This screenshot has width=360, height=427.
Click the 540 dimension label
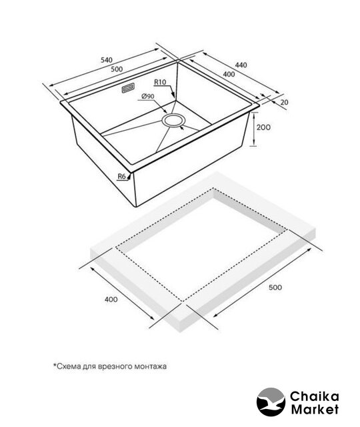pyautogui.click(x=107, y=59)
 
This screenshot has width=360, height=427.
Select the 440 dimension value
pyautogui.click(x=241, y=65)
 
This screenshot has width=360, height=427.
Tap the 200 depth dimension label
pyautogui.click(x=263, y=127)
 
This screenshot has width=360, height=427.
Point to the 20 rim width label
pyautogui.click(x=284, y=102)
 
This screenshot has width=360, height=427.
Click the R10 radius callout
pyautogui.click(x=160, y=82)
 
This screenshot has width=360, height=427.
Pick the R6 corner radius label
pyautogui.click(x=121, y=176)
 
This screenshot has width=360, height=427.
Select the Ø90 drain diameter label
pyautogui.click(x=148, y=96)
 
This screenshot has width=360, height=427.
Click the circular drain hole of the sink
pyautogui.click(x=173, y=120)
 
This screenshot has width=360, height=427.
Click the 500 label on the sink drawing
pyautogui.click(x=117, y=69)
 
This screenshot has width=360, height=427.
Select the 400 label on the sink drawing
pyautogui.click(x=229, y=74)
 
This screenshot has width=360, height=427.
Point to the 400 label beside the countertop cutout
pyautogui.click(x=111, y=300)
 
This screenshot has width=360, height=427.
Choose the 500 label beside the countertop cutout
pyautogui.click(x=275, y=288)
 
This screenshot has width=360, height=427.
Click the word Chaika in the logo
pyautogui.click(x=315, y=396)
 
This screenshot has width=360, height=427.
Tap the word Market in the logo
pyautogui.click(x=315, y=409)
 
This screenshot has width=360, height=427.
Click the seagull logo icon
pyautogui.click(x=271, y=402)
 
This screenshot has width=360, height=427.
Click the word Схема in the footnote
pyautogui.click(x=65, y=366)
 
